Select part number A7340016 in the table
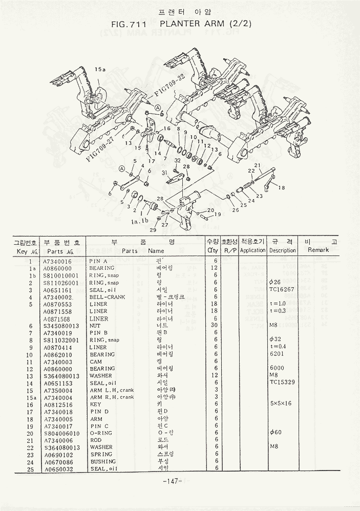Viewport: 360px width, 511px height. pos(57,261)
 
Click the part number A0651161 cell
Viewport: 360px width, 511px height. pos(57,289)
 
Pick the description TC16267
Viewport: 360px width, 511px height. pos(282,289)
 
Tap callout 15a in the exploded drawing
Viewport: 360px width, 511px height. pos(99,69)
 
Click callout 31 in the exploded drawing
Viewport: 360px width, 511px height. pos(165,173)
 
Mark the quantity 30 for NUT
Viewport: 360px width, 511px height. pos(216,325)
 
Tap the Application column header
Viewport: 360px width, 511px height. pos(252,250)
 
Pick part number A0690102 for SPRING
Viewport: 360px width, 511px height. pos(57,454)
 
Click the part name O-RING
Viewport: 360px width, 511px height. pos(101,433)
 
